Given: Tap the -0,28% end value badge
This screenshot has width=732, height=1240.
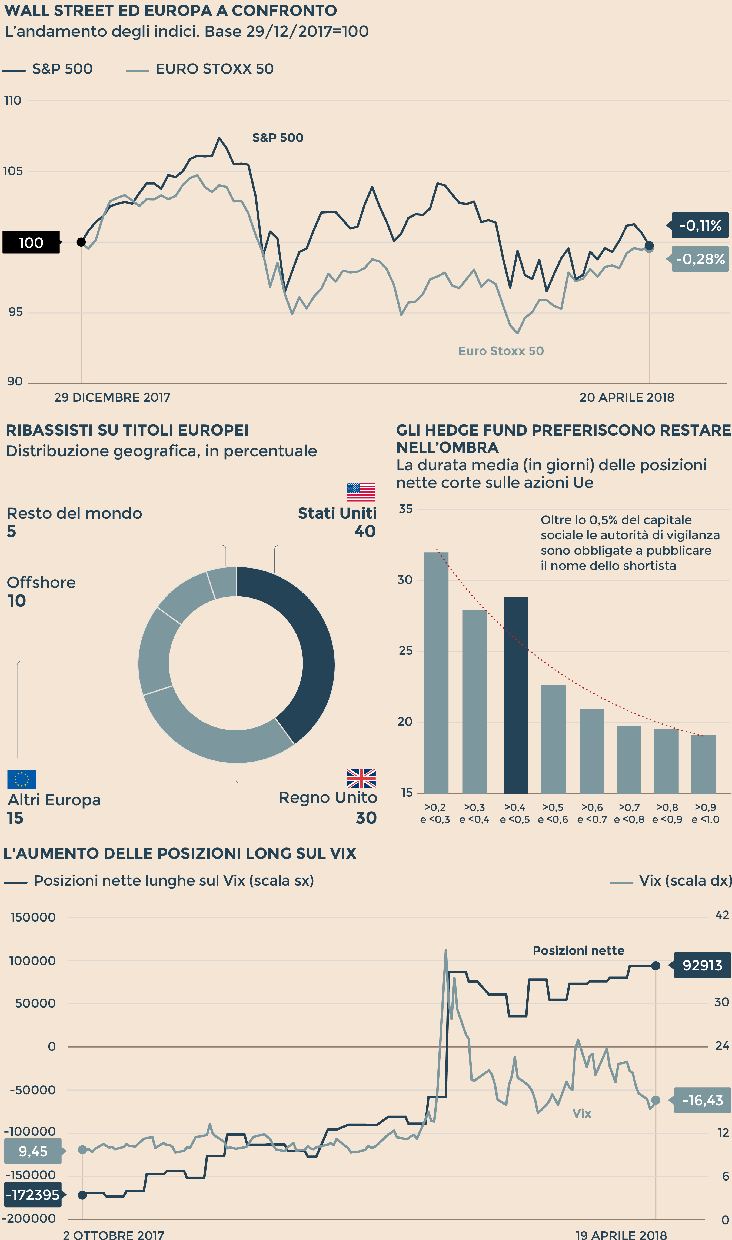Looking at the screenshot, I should tap(700, 259).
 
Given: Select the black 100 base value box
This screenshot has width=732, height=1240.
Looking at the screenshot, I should tap(31, 242).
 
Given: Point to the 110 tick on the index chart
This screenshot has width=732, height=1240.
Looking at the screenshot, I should tap(13, 101).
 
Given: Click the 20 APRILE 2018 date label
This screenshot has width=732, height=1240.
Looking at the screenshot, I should tap(626, 398).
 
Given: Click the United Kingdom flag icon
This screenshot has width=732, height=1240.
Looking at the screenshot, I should tap(361, 778).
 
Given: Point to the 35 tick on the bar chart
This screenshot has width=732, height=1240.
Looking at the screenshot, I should tap(405, 509).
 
